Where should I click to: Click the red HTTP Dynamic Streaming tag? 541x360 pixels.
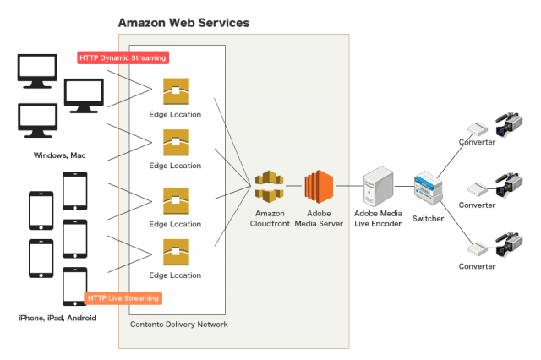(123, 57)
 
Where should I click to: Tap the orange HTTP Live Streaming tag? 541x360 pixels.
(123, 297)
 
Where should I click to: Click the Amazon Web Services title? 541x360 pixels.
(183, 22)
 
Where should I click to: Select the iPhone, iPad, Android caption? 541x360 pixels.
(57, 318)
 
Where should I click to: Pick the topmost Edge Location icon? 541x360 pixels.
(176, 91)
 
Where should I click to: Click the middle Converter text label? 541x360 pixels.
(478, 205)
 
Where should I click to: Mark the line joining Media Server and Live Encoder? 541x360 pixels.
(348, 186)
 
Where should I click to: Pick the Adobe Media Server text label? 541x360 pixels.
(320, 219)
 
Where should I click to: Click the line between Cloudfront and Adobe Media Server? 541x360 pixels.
(293, 186)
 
